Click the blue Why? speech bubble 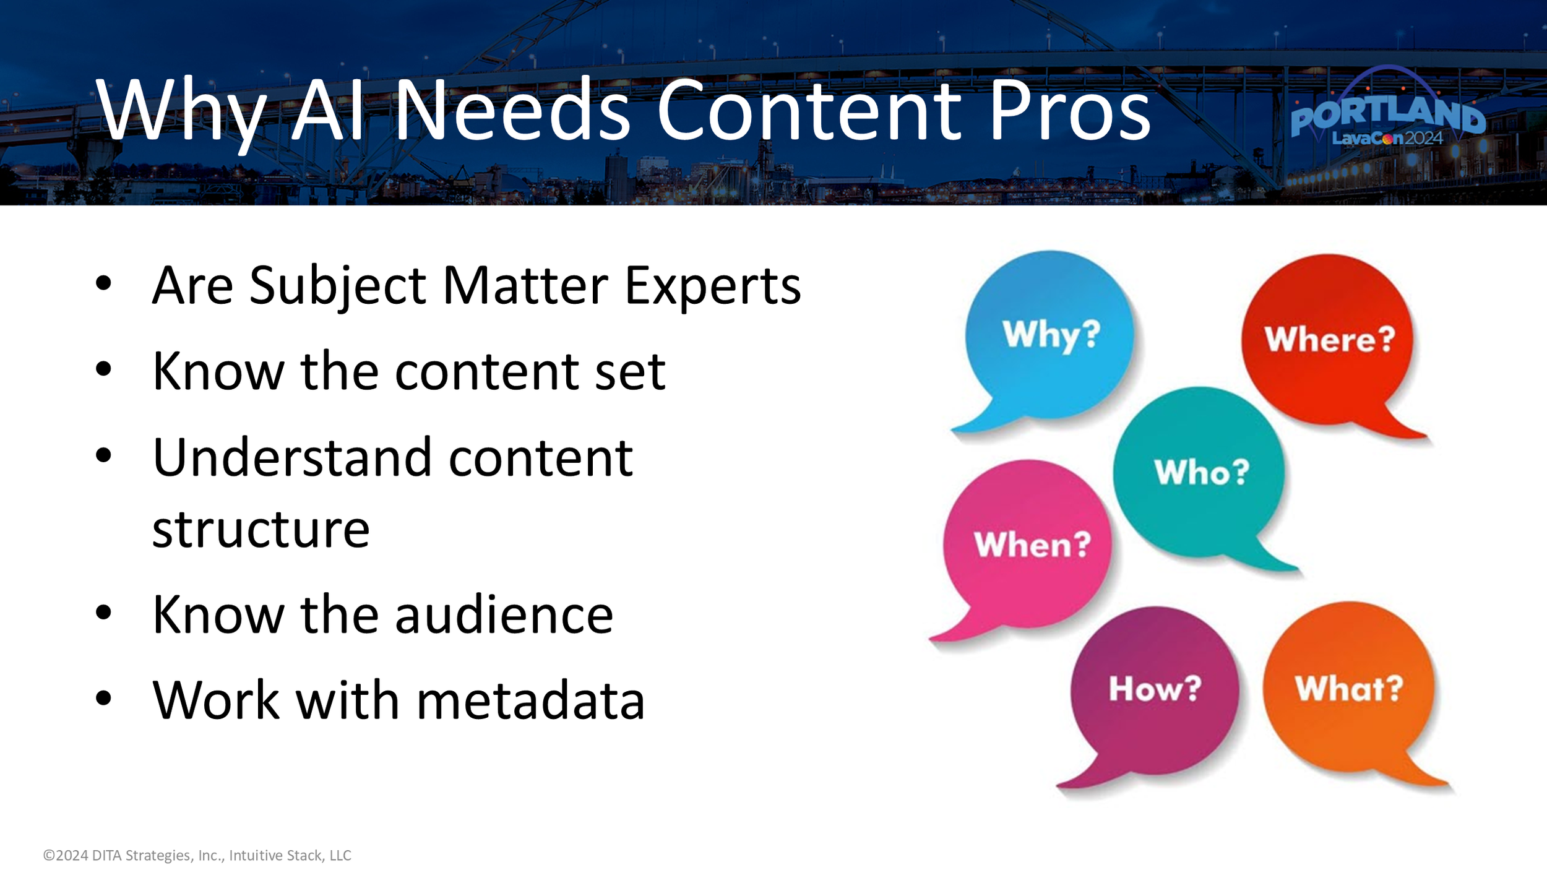[x=1049, y=337]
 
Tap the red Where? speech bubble [x=1328, y=340]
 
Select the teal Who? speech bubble [x=1199, y=473]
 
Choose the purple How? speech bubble [x=1155, y=690]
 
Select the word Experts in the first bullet [x=712, y=286]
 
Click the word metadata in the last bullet [x=531, y=701]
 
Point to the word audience [x=504, y=616]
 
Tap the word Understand [x=291, y=458]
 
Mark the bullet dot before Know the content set [x=103, y=369]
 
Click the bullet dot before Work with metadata [x=103, y=699]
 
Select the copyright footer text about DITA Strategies [x=197, y=855]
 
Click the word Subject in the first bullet [x=338, y=286]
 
